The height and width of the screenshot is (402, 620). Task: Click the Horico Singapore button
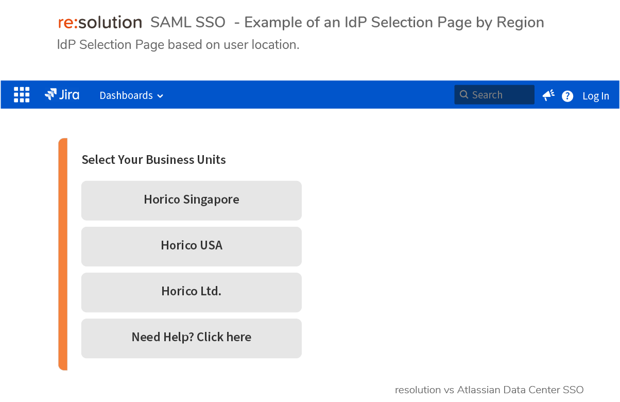(x=191, y=200)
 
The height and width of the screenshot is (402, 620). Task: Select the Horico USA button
(x=191, y=246)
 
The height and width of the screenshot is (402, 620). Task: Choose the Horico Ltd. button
(x=191, y=293)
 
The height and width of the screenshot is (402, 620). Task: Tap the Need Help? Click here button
(x=191, y=338)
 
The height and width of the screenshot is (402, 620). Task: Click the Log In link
(x=596, y=96)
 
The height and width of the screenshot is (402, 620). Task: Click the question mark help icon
(x=567, y=96)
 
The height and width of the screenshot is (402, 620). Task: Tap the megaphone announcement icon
(x=548, y=95)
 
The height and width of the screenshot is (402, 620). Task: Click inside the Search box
(x=494, y=95)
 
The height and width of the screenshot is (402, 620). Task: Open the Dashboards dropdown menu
(x=131, y=95)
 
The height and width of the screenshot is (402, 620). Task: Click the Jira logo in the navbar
(x=62, y=94)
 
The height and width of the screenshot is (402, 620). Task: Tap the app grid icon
(x=22, y=94)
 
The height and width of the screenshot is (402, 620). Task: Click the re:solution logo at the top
(x=100, y=22)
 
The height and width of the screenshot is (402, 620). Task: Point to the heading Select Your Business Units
(x=153, y=160)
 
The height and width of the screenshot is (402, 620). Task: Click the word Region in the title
(x=520, y=23)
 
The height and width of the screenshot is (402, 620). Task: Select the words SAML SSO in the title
(x=188, y=22)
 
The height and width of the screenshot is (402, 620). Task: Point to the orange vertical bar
(x=63, y=254)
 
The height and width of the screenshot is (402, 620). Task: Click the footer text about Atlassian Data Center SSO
(x=489, y=390)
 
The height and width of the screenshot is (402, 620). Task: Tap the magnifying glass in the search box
(x=464, y=94)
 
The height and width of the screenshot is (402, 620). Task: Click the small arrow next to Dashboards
(x=160, y=96)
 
